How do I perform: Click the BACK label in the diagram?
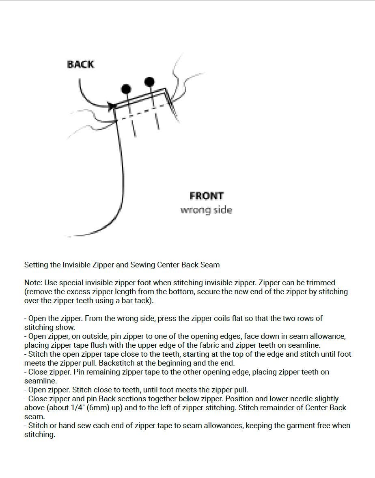[x=80, y=64]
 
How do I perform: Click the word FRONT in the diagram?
[x=207, y=196]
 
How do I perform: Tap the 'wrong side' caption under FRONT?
[x=206, y=210]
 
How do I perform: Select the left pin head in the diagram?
[x=126, y=89]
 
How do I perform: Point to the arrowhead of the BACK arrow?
[x=112, y=106]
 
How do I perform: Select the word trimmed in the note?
[x=321, y=283]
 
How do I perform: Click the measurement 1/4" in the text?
[x=77, y=408]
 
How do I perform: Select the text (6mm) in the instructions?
[x=98, y=408]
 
